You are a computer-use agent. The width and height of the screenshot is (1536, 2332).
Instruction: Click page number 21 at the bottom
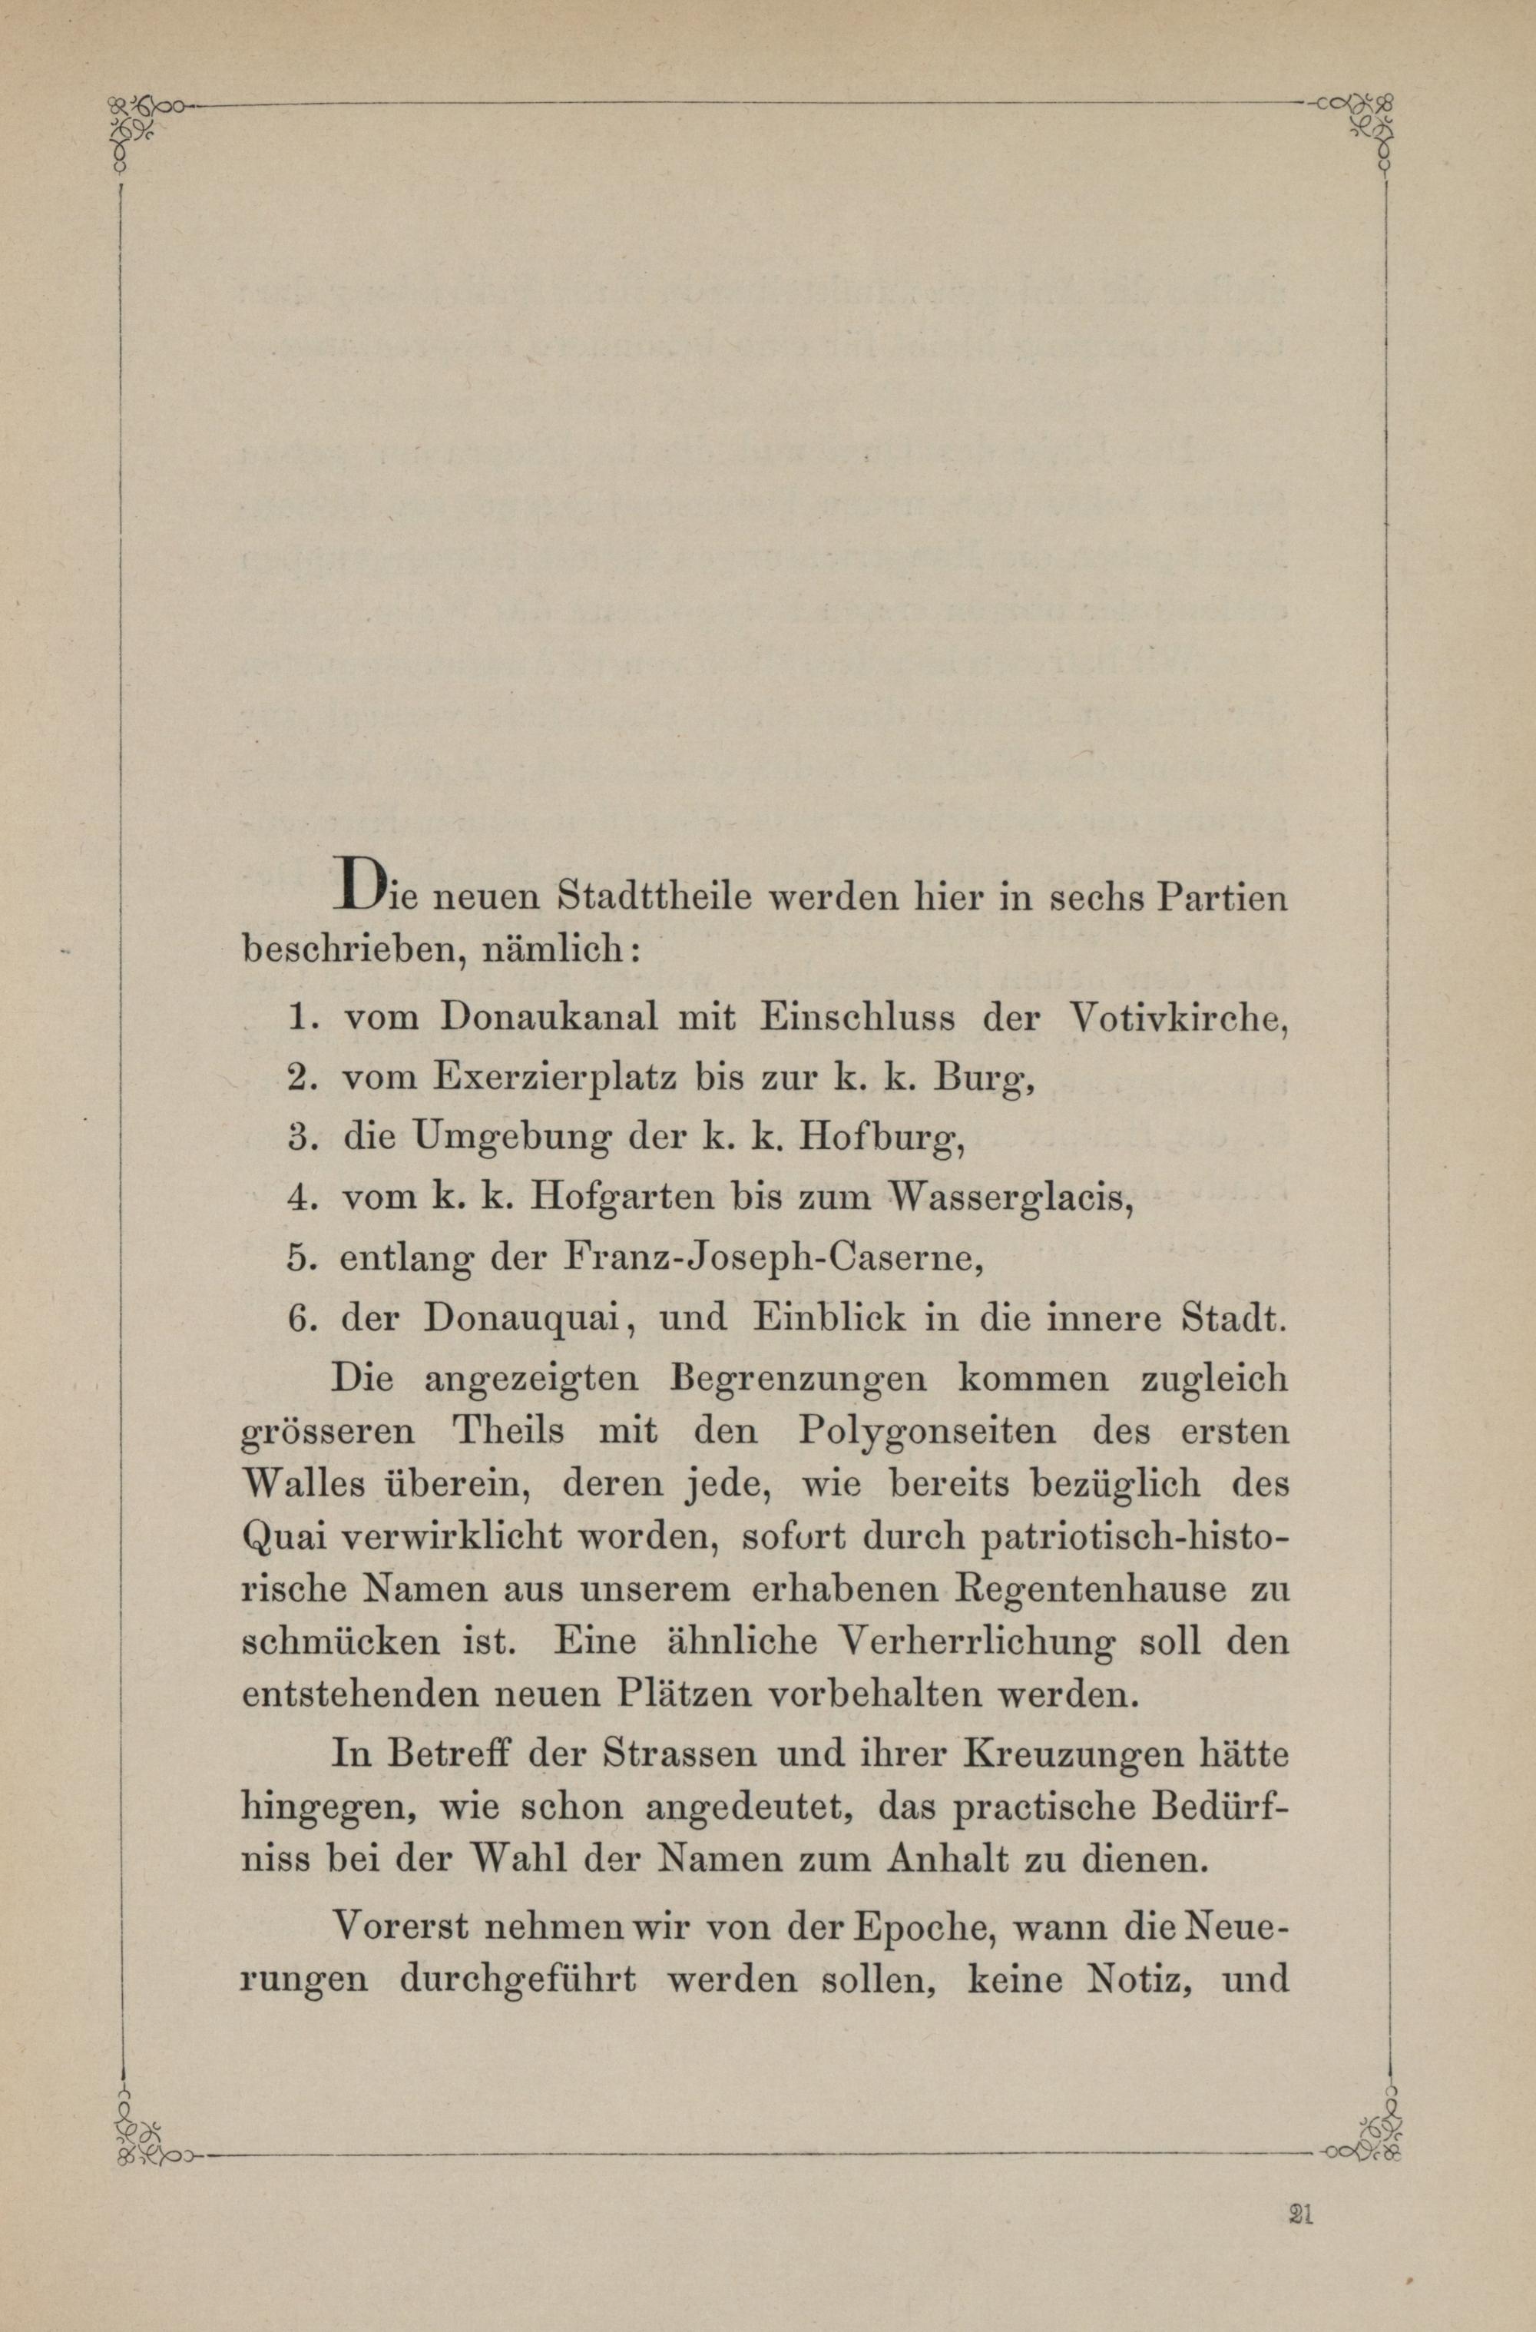pyautogui.click(x=1302, y=2182)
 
